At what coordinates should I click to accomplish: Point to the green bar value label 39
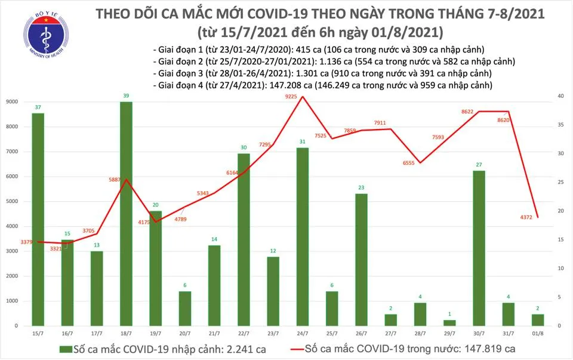pyautogui.click(x=126, y=96)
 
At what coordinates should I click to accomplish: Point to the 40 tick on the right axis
pyautogui.click(x=559, y=96)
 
